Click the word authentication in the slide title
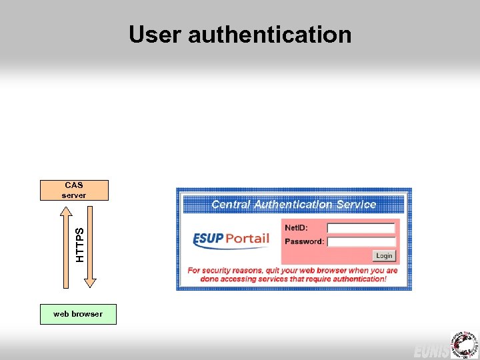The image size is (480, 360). (x=269, y=34)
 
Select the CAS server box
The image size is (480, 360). (x=73, y=190)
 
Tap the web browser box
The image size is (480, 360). (x=78, y=314)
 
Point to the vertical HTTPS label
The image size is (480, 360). (x=80, y=245)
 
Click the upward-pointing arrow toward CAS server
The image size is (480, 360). (x=65, y=240)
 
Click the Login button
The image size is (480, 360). (x=384, y=256)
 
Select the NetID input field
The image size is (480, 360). (x=361, y=228)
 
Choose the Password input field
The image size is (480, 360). (x=361, y=241)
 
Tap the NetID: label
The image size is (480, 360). (x=296, y=228)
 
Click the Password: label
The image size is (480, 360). (x=304, y=241)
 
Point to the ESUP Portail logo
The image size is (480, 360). (x=231, y=239)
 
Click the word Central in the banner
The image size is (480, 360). (x=231, y=205)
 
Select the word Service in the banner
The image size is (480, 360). (x=357, y=205)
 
